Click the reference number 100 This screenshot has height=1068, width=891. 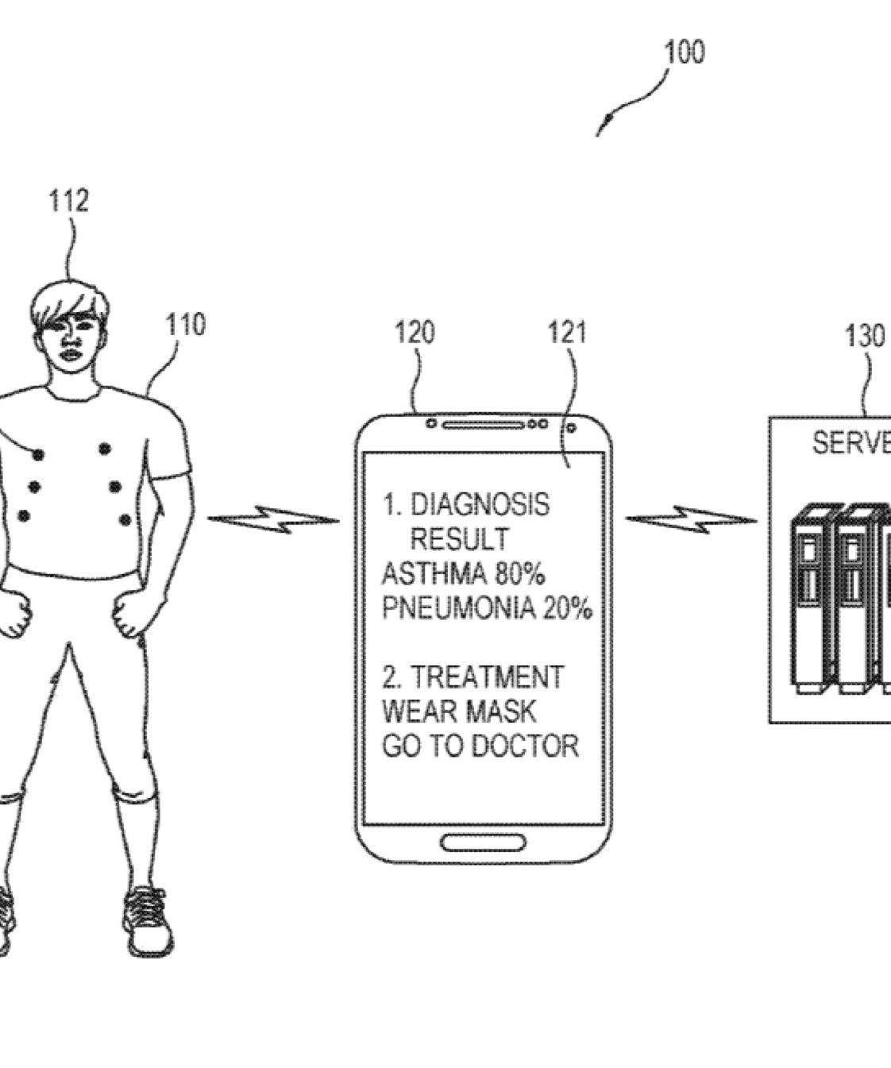tap(684, 52)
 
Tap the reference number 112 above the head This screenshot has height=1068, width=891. tap(68, 201)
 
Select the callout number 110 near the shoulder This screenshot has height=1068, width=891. tap(185, 325)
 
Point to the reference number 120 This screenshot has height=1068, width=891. tap(415, 332)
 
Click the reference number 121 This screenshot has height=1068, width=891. tap(567, 332)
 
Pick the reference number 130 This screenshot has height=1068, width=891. tap(864, 336)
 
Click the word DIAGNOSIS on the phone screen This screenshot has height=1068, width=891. tap(480, 504)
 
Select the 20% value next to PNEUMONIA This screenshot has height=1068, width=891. tap(568, 609)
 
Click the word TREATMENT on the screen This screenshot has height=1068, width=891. tap(486, 677)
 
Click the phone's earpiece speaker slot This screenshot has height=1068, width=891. tap(483, 425)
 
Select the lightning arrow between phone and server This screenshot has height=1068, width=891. tap(690, 520)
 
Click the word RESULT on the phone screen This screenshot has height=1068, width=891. tap(459, 539)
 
